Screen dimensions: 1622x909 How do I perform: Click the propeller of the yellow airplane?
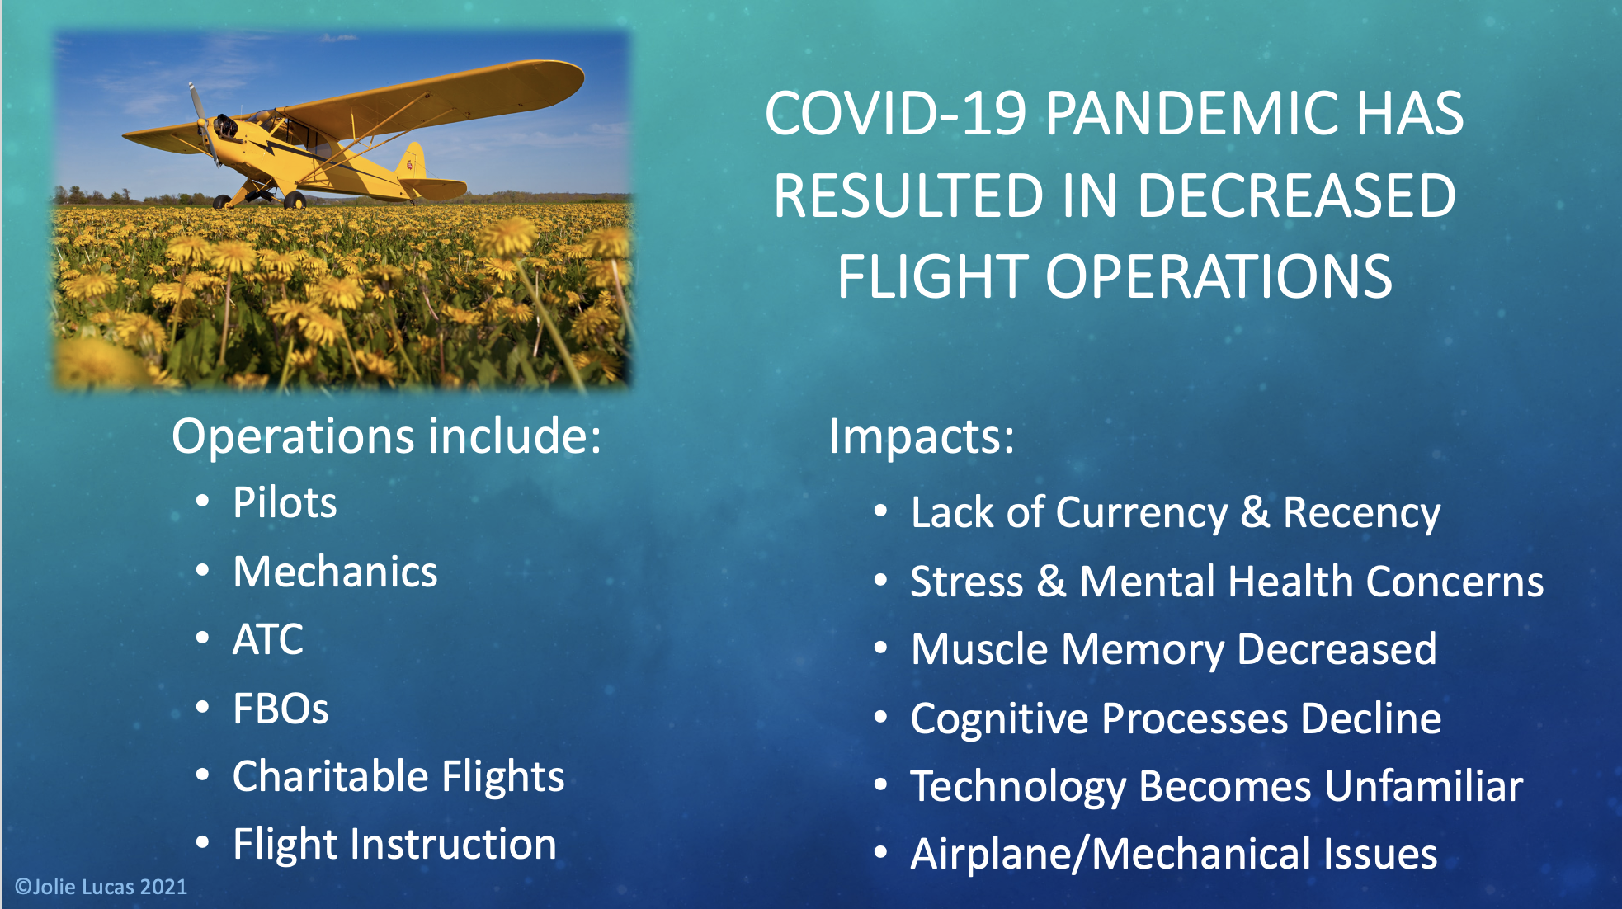coord(203,124)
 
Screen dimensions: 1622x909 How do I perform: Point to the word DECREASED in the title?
coord(1296,195)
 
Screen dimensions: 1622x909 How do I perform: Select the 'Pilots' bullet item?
coord(285,502)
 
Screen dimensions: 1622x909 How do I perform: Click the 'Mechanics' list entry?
coord(335,572)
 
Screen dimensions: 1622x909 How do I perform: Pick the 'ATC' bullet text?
coord(268,639)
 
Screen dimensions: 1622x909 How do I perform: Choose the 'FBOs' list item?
coord(281,709)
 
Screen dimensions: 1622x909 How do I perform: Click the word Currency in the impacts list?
coord(1143,513)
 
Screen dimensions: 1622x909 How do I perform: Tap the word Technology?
coord(1018,787)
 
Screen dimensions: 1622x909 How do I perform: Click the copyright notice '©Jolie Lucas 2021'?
coord(101,887)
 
